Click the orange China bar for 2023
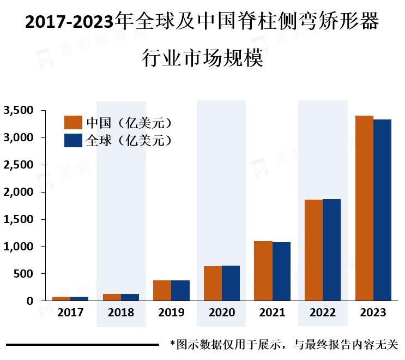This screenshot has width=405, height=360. point(364,208)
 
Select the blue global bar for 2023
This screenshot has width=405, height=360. point(382,210)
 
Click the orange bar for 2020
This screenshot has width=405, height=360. point(213,283)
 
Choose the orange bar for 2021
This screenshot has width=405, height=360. point(263,271)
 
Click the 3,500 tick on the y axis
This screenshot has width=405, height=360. point(19,110)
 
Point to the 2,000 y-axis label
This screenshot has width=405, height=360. point(19,192)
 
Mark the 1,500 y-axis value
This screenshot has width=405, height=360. point(19,219)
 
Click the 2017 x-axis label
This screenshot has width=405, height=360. point(70,313)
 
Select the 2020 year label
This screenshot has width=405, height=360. point(222,313)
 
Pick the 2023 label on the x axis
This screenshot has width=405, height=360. point(373,313)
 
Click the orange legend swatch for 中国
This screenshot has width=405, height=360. point(72,122)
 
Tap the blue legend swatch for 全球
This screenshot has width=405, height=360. point(72,140)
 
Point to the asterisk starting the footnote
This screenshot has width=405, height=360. point(173,345)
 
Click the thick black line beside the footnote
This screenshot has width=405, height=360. point(82,345)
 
